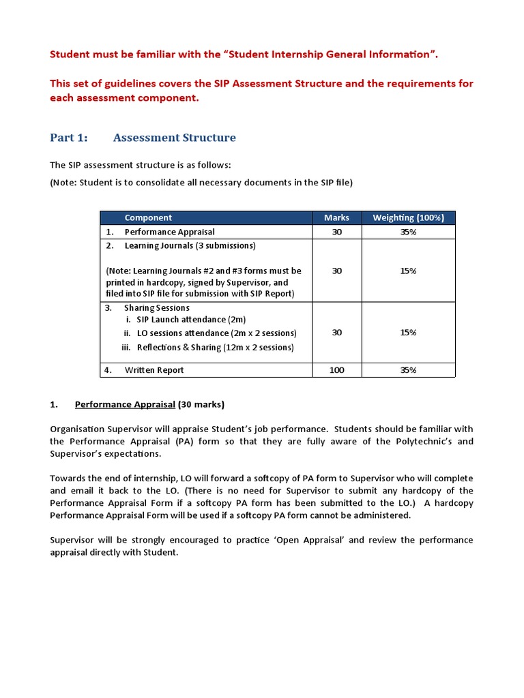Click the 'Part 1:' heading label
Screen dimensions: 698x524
[69, 138]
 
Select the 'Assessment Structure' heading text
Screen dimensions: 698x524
[174, 138]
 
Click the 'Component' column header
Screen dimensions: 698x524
[148, 217]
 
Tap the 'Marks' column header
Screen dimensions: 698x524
[336, 217]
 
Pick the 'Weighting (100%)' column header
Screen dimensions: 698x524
[408, 217]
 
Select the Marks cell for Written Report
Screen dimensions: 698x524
[336, 370]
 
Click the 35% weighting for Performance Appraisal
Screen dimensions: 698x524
[408, 232]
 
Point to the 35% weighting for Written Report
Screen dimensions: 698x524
[408, 370]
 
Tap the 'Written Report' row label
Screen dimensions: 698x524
[154, 370]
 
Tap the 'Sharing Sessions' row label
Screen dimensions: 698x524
[157, 308]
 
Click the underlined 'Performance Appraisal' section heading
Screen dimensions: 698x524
[125, 404]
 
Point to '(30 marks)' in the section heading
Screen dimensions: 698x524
[201, 404]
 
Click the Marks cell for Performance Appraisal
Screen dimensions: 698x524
[336, 232]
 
